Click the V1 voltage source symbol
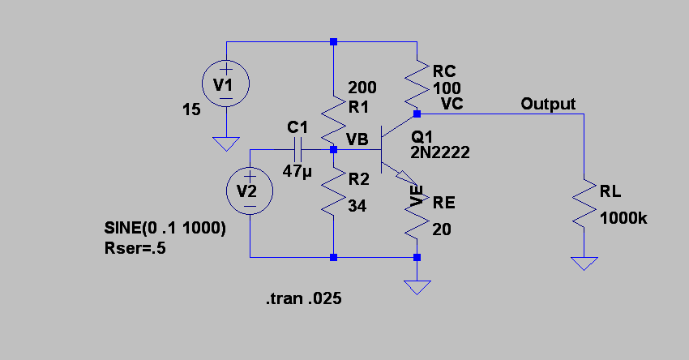(x=225, y=84)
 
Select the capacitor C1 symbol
(x=297, y=149)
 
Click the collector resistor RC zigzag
(x=417, y=81)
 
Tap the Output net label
(x=548, y=104)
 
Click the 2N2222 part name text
(x=440, y=152)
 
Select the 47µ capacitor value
(x=297, y=172)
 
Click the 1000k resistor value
(x=623, y=217)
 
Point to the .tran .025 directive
(x=303, y=299)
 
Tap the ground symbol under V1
(x=225, y=144)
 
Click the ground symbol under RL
(x=584, y=264)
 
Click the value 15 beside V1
(x=191, y=109)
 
